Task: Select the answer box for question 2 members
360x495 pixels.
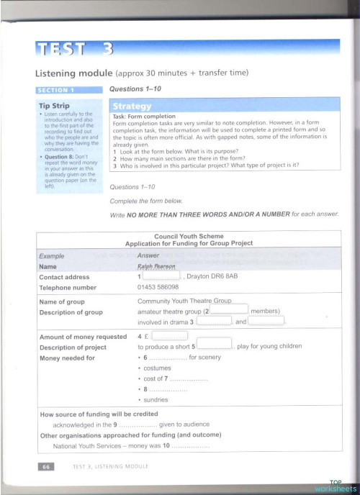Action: point(228,311)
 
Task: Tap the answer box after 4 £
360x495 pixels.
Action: point(171,335)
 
